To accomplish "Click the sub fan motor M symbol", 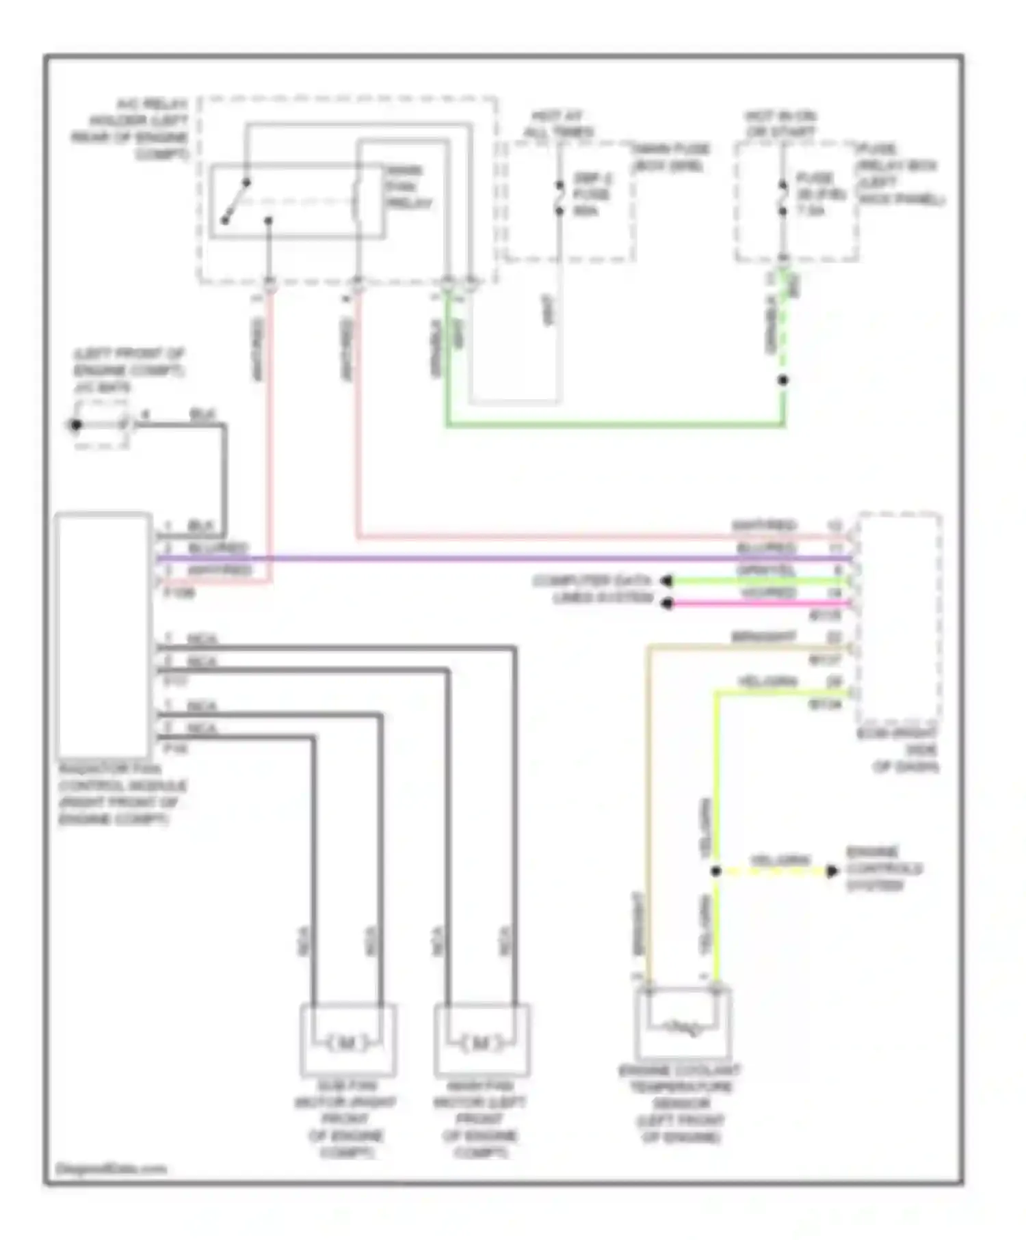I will pos(347,1043).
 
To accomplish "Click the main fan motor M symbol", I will pos(482,1043).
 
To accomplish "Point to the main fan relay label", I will pos(409,187).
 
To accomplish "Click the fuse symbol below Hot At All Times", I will pos(560,198).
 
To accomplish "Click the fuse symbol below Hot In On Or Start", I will pos(783,198).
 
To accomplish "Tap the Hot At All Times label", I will pos(558,124).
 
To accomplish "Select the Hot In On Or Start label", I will pos(780,124).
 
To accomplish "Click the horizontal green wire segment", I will pos(616,425).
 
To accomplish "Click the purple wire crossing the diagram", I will pos(506,558).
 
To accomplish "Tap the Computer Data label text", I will pos(592,581).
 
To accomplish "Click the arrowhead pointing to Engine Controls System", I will pos(832,872).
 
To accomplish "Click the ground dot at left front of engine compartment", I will pos(76,425).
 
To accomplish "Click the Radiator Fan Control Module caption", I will pos(122,794).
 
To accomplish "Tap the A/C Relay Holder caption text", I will pos(132,129).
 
